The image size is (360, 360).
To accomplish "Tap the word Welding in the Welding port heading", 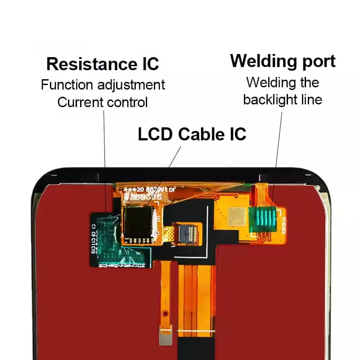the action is point(259,61).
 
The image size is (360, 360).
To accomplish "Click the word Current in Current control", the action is point(77,102).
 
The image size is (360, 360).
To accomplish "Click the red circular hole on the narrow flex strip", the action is point(166,312).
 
